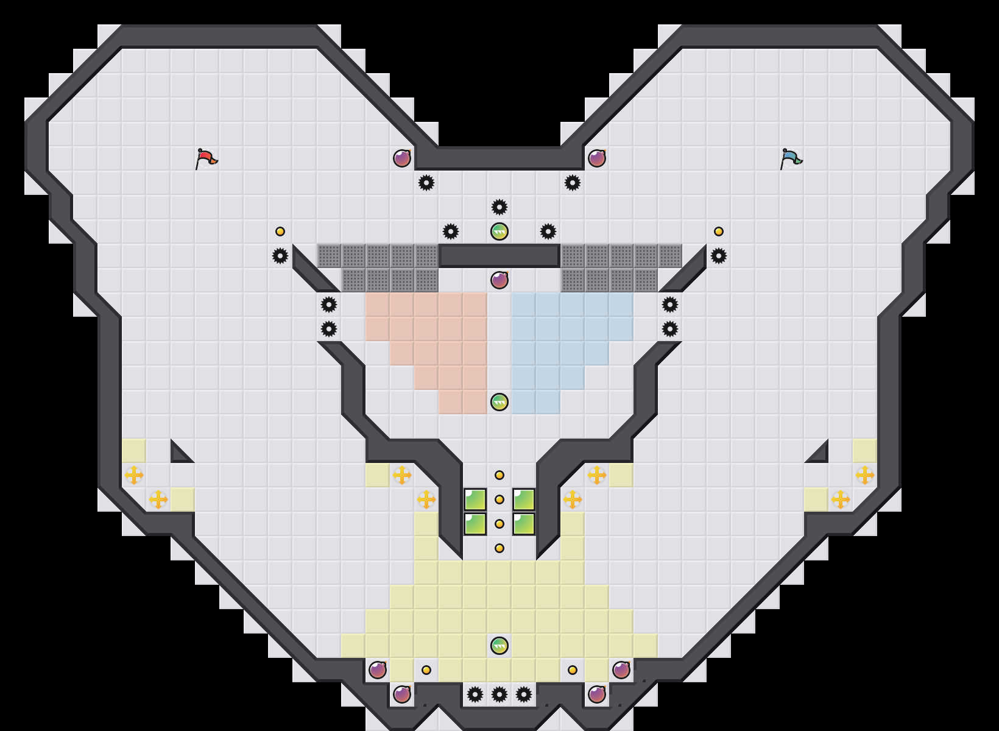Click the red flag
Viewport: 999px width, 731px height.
tap(206, 158)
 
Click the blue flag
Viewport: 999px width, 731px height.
tap(791, 158)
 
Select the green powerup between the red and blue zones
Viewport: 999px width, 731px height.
tap(499, 402)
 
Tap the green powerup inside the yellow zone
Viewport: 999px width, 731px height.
tap(499, 646)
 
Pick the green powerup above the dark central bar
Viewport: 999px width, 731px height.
tap(499, 231)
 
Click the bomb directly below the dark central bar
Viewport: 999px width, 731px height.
tap(499, 280)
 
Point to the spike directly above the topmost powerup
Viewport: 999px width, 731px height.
tap(499, 207)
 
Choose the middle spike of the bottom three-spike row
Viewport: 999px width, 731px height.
tap(499, 694)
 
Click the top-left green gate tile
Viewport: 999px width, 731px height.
tap(475, 500)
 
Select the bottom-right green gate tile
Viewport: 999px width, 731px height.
tap(524, 524)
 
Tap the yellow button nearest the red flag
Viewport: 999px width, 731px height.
tap(280, 231)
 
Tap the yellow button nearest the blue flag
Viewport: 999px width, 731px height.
tap(719, 231)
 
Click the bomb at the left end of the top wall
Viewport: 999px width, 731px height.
tap(402, 158)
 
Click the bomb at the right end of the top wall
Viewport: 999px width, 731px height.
tap(597, 158)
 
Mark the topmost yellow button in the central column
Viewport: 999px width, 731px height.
tap(499, 475)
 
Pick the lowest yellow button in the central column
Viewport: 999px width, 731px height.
tap(499, 548)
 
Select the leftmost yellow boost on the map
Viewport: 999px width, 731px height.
tap(134, 475)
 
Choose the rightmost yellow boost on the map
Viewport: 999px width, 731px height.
tap(865, 475)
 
